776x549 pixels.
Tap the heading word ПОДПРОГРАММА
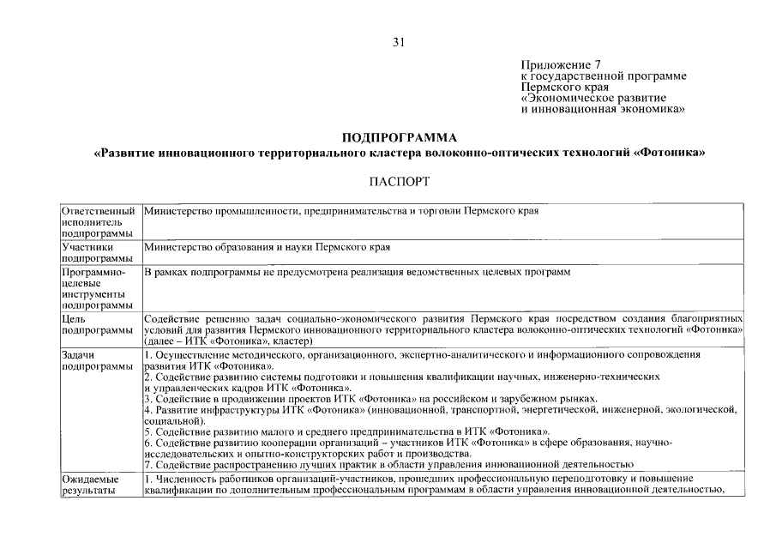(400, 137)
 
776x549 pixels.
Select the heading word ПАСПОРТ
(400, 181)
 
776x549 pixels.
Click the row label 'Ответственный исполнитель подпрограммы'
(99, 221)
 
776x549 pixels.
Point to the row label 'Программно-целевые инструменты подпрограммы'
(99, 288)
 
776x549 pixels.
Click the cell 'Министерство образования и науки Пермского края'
(268, 247)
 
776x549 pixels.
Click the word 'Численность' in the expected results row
(188, 478)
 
